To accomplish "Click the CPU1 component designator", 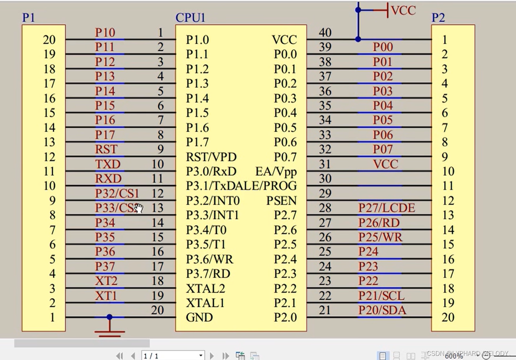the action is click(x=190, y=17).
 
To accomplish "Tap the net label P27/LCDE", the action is click(x=386, y=208).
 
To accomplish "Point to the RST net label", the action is click(x=106, y=150).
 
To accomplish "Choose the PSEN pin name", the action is click(x=281, y=201).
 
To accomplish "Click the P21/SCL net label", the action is click(x=381, y=296).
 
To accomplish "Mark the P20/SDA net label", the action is click(x=382, y=310).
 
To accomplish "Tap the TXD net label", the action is click(x=108, y=164).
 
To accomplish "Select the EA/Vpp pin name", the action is click(x=276, y=172).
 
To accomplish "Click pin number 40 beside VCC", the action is click(x=325, y=33).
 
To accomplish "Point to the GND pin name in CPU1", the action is click(x=199, y=317).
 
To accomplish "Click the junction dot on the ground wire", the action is click(x=109, y=317).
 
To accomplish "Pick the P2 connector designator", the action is click(x=438, y=17).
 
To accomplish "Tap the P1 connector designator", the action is click(x=29, y=17).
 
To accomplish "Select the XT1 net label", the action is click(x=106, y=296).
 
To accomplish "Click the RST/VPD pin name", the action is click(x=211, y=157).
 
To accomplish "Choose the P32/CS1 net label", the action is click(x=117, y=193).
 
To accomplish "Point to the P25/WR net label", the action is click(x=380, y=237).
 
